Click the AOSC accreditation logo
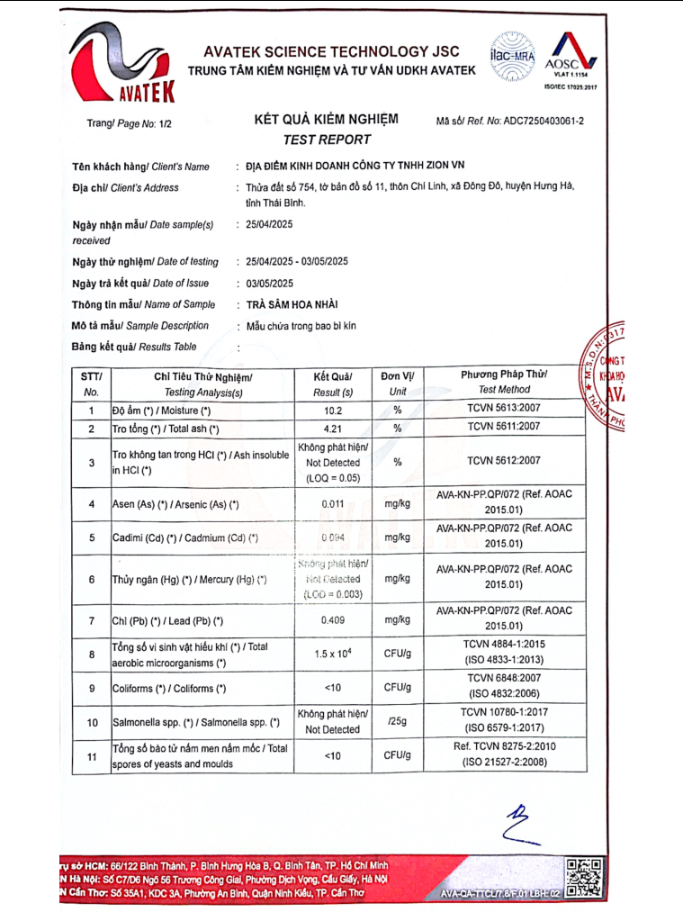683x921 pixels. (x=563, y=56)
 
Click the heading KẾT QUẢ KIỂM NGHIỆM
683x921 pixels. (x=326, y=120)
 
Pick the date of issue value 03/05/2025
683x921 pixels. (x=269, y=283)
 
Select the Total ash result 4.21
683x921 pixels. (x=333, y=429)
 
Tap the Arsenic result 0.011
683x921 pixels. (x=333, y=504)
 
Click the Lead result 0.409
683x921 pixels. (x=333, y=620)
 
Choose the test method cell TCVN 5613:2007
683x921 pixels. (x=504, y=410)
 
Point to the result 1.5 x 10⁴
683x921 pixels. (x=333, y=654)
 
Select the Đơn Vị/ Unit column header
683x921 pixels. (x=397, y=383)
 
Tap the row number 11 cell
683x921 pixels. (x=92, y=757)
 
